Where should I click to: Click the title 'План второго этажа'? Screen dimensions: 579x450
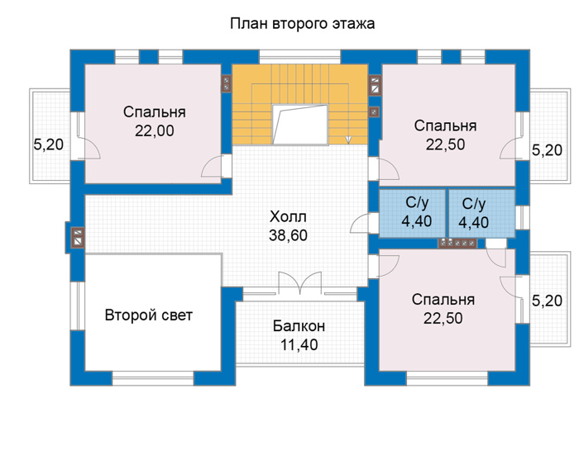click(x=303, y=24)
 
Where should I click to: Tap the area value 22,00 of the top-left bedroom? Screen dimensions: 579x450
click(x=155, y=130)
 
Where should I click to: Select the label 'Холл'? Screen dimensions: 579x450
click(x=288, y=216)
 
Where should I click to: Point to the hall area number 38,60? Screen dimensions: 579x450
click(x=288, y=235)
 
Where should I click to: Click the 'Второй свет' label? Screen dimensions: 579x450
click(x=149, y=315)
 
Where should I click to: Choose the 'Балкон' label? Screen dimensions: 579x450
click(x=299, y=326)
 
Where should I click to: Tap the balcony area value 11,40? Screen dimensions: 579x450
click(x=299, y=344)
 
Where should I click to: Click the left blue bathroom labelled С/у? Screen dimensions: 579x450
click(x=412, y=213)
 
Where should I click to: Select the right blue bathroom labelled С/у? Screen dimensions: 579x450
click(x=482, y=213)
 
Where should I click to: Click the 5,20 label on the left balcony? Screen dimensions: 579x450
click(x=49, y=144)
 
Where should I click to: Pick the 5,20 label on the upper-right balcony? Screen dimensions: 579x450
click(x=547, y=150)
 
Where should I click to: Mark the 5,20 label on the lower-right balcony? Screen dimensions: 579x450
click(x=547, y=301)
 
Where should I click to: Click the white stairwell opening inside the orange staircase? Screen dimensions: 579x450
click(x=299, y=124)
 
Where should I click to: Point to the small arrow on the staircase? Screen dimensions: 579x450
click(x=348, y=140)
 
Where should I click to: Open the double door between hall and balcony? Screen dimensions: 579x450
click(x=299, y=283)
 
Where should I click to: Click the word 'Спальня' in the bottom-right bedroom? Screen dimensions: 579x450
click(x=443, y=300)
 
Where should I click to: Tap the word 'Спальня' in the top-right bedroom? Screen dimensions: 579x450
click(x=445, y=126)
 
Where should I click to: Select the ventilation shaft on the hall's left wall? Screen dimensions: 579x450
click(x=78, y=237)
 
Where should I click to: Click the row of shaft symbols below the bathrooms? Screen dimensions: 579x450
click(x=457, y=244)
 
